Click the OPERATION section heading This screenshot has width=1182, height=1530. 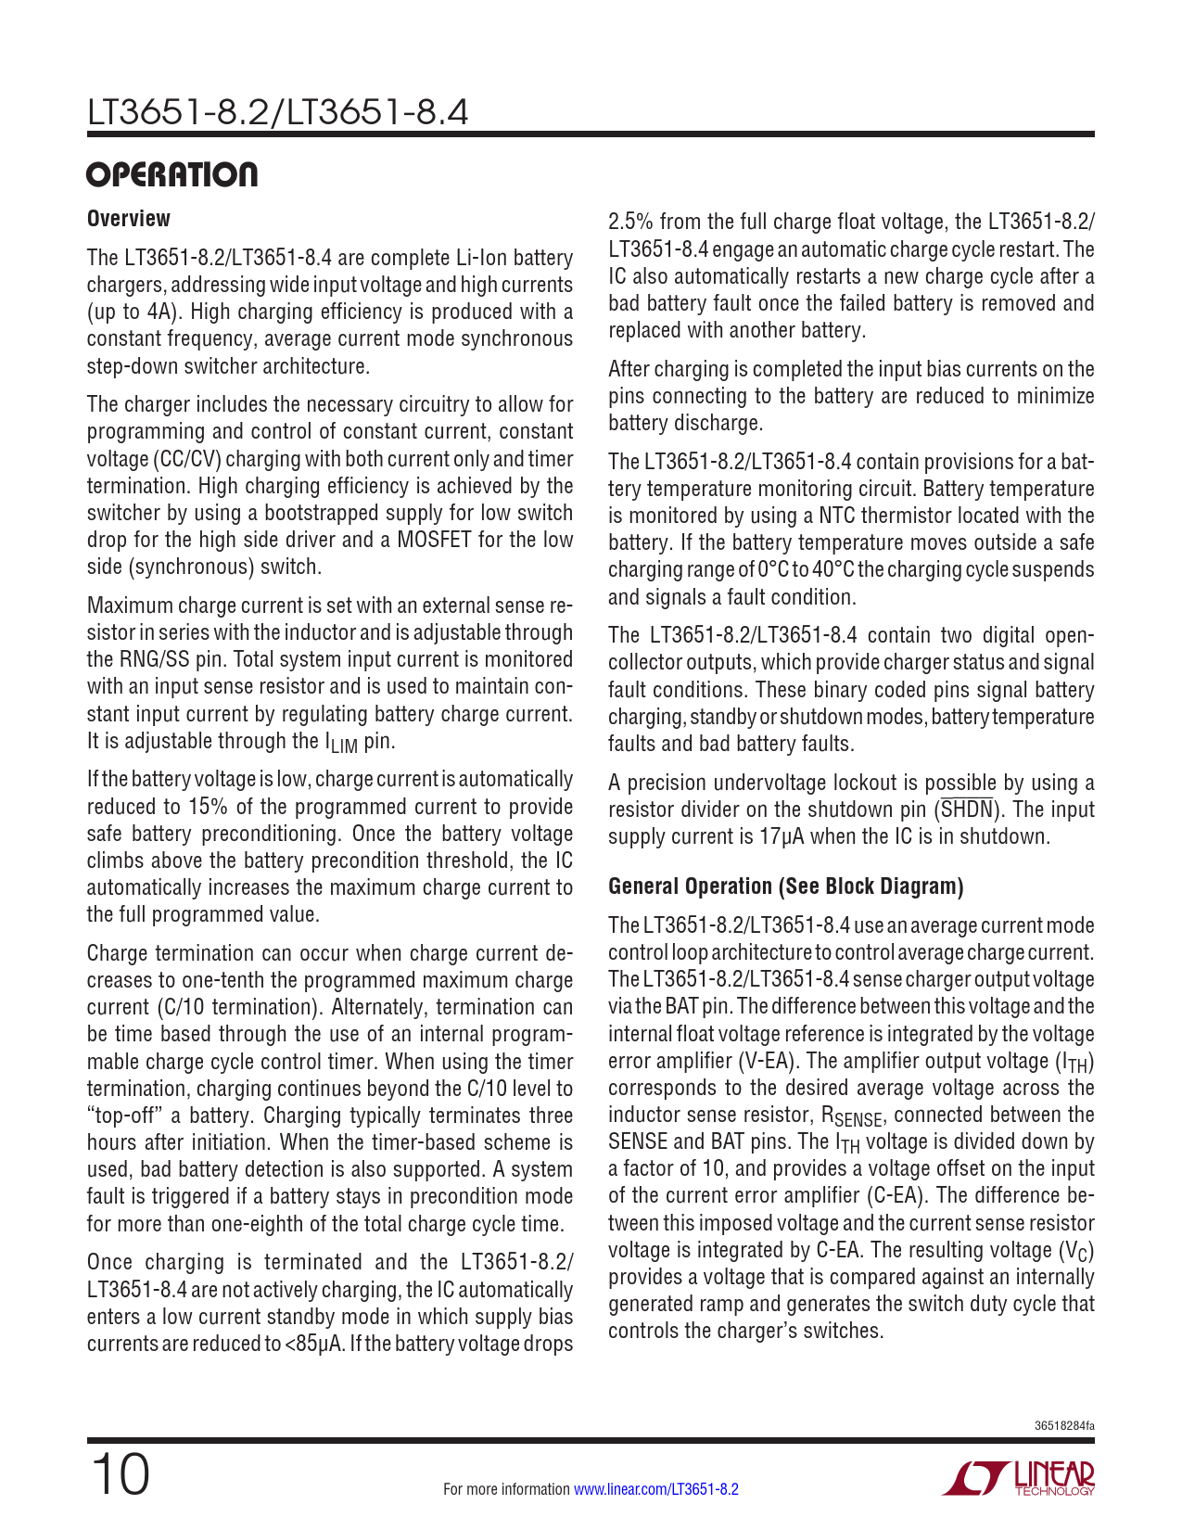click(x=172, y=175)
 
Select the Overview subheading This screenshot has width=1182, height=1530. click(x=129, y=219)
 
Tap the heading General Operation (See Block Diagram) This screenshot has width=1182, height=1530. click(x=785, y=886)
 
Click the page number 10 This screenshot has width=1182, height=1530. click(x=119, y=1474)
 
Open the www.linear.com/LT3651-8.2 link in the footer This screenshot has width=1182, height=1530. click(x=656, y=1489)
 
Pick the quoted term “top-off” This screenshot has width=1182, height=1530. click(x=123, y=1116)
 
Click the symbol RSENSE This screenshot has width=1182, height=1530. click(x=852, y=1116)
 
